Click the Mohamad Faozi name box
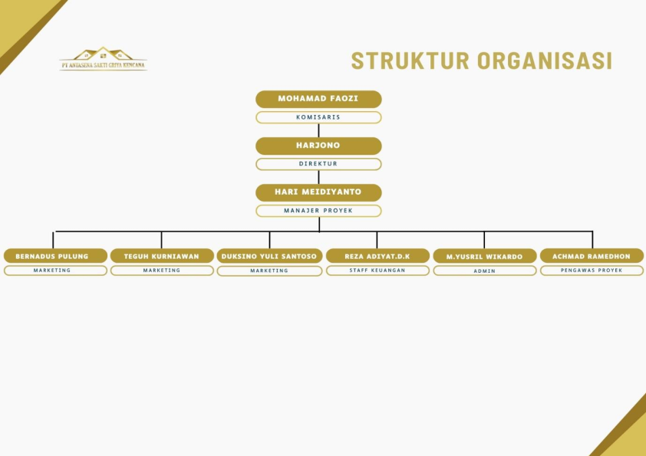click(318, 99)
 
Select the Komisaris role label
click(318, 117)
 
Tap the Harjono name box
click(318, 146)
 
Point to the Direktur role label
click(318, 164)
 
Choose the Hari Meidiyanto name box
click(318, 192)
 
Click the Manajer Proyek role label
click(318, 211)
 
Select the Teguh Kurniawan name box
click(161, 256)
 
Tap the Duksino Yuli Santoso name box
click(269, 256)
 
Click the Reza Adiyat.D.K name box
click(377, 256)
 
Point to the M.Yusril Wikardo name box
click(484, 256)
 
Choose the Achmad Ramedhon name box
click(592, 256)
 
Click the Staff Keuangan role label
click(377, 271)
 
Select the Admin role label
click(484, 271)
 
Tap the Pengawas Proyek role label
click(592, 271)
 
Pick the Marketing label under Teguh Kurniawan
click(161, 271)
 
